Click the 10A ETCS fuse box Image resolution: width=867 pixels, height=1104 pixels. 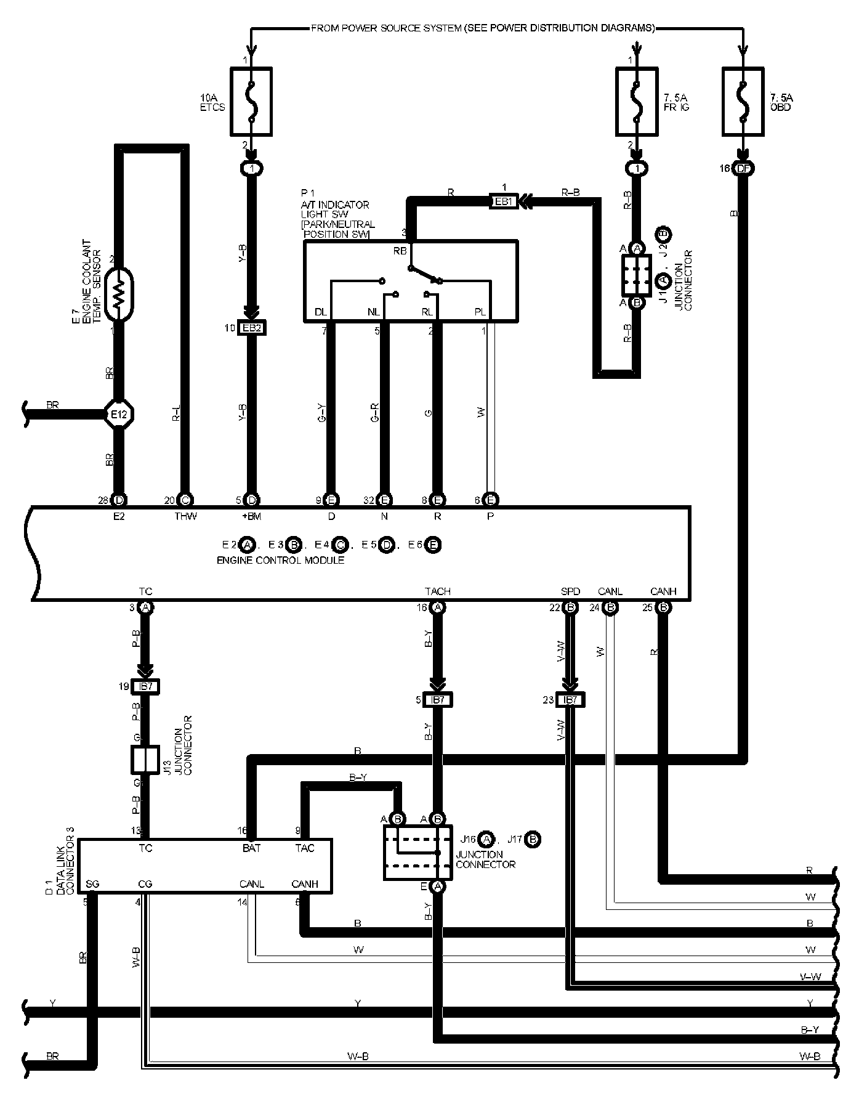tap(251, 102)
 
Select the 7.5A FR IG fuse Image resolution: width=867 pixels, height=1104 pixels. tap(637, 102)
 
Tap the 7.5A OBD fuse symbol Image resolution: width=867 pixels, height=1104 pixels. tap(743, 102)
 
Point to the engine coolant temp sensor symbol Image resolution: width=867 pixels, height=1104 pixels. tap(119, 294)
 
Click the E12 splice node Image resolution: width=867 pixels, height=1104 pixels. tap(118, 414)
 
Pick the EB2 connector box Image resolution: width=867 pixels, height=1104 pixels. tap(252, 328)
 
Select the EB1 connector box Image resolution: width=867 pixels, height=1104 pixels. tap(503, 201)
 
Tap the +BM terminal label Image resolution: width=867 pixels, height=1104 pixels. tap(251, 516)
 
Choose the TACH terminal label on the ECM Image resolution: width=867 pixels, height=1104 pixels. tap(437, 591)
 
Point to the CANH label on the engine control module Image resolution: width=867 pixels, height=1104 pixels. tap(663, 591)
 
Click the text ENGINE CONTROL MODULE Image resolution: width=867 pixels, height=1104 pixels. tap(280, 560)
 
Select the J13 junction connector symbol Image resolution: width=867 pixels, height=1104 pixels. tap(145, 760)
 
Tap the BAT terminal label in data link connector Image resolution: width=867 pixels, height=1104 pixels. tap(251, 848)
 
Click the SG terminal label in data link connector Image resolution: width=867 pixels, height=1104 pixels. tap(92, 884)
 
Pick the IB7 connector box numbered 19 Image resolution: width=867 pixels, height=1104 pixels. tap(145, 686)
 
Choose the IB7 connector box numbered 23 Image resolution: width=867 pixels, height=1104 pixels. tap(570, 700)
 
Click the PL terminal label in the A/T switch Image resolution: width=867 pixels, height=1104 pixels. tap(480, 312)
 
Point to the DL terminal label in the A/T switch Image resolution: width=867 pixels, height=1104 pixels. tap(321, 312)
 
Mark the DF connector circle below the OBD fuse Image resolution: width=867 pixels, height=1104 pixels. tap(743, 168)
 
